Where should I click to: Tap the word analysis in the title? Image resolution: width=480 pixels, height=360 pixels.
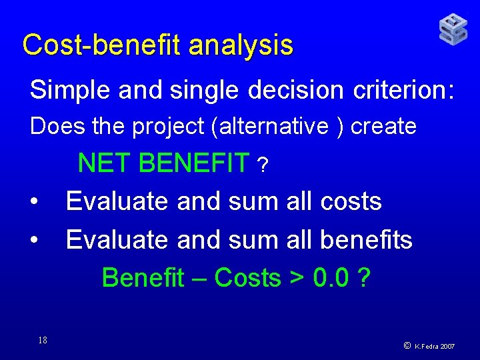coord(241,45)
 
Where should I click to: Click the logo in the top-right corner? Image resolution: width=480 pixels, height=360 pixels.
coord(453,30)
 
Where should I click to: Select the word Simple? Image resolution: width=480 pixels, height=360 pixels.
coord(70,90)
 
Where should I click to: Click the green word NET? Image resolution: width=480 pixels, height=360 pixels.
coord(105,163)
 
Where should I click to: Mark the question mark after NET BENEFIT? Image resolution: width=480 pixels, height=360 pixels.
coord(265,166)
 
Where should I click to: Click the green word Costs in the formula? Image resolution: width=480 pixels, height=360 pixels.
coord(248,278)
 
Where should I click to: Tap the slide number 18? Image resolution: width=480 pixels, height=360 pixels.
coord(42,341)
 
